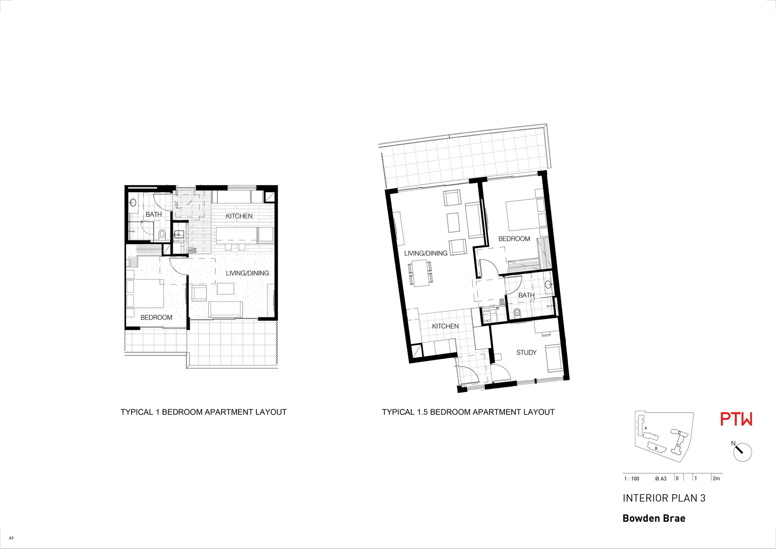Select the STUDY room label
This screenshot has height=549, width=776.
[x=526, y=353]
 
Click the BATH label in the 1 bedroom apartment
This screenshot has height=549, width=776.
[x=154, y=214]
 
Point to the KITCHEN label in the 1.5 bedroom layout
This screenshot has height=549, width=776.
[x=445, y=326]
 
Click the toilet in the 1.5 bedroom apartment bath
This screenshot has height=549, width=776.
[x=517, y=313]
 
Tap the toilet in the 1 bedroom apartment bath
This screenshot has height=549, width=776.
[x=162, y=233]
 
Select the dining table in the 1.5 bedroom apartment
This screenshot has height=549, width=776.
[x=421, y=273]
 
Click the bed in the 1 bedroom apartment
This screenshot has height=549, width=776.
[x=145, y=293]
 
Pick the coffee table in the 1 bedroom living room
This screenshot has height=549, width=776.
[x=225, y=289]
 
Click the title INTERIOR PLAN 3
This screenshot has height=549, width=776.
[x=664, y=498]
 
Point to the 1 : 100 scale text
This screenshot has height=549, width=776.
[x=631, y=479]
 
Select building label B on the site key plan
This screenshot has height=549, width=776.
[x=656, y=448]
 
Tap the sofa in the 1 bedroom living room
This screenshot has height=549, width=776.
[x=225, y=309]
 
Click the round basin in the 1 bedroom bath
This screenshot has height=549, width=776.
[x=133, y=203]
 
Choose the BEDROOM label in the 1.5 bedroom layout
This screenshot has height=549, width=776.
[x=514, y=239]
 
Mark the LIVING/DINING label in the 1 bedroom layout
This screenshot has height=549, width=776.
[x=247, y=273]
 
